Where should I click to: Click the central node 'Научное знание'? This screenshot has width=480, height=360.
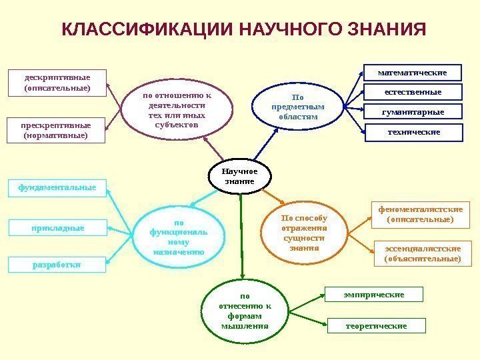(240, 176)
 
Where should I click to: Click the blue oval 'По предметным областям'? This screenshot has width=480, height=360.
(297, 107)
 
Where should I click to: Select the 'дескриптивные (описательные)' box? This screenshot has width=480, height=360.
(57, 81)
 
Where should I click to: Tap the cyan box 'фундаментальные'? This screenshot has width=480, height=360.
(57, 188)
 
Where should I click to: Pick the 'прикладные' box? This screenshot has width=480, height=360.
(57, 228)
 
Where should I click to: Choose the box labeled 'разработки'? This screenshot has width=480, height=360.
(57, 265)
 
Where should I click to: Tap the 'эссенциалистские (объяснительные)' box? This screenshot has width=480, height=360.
(423, 253)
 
